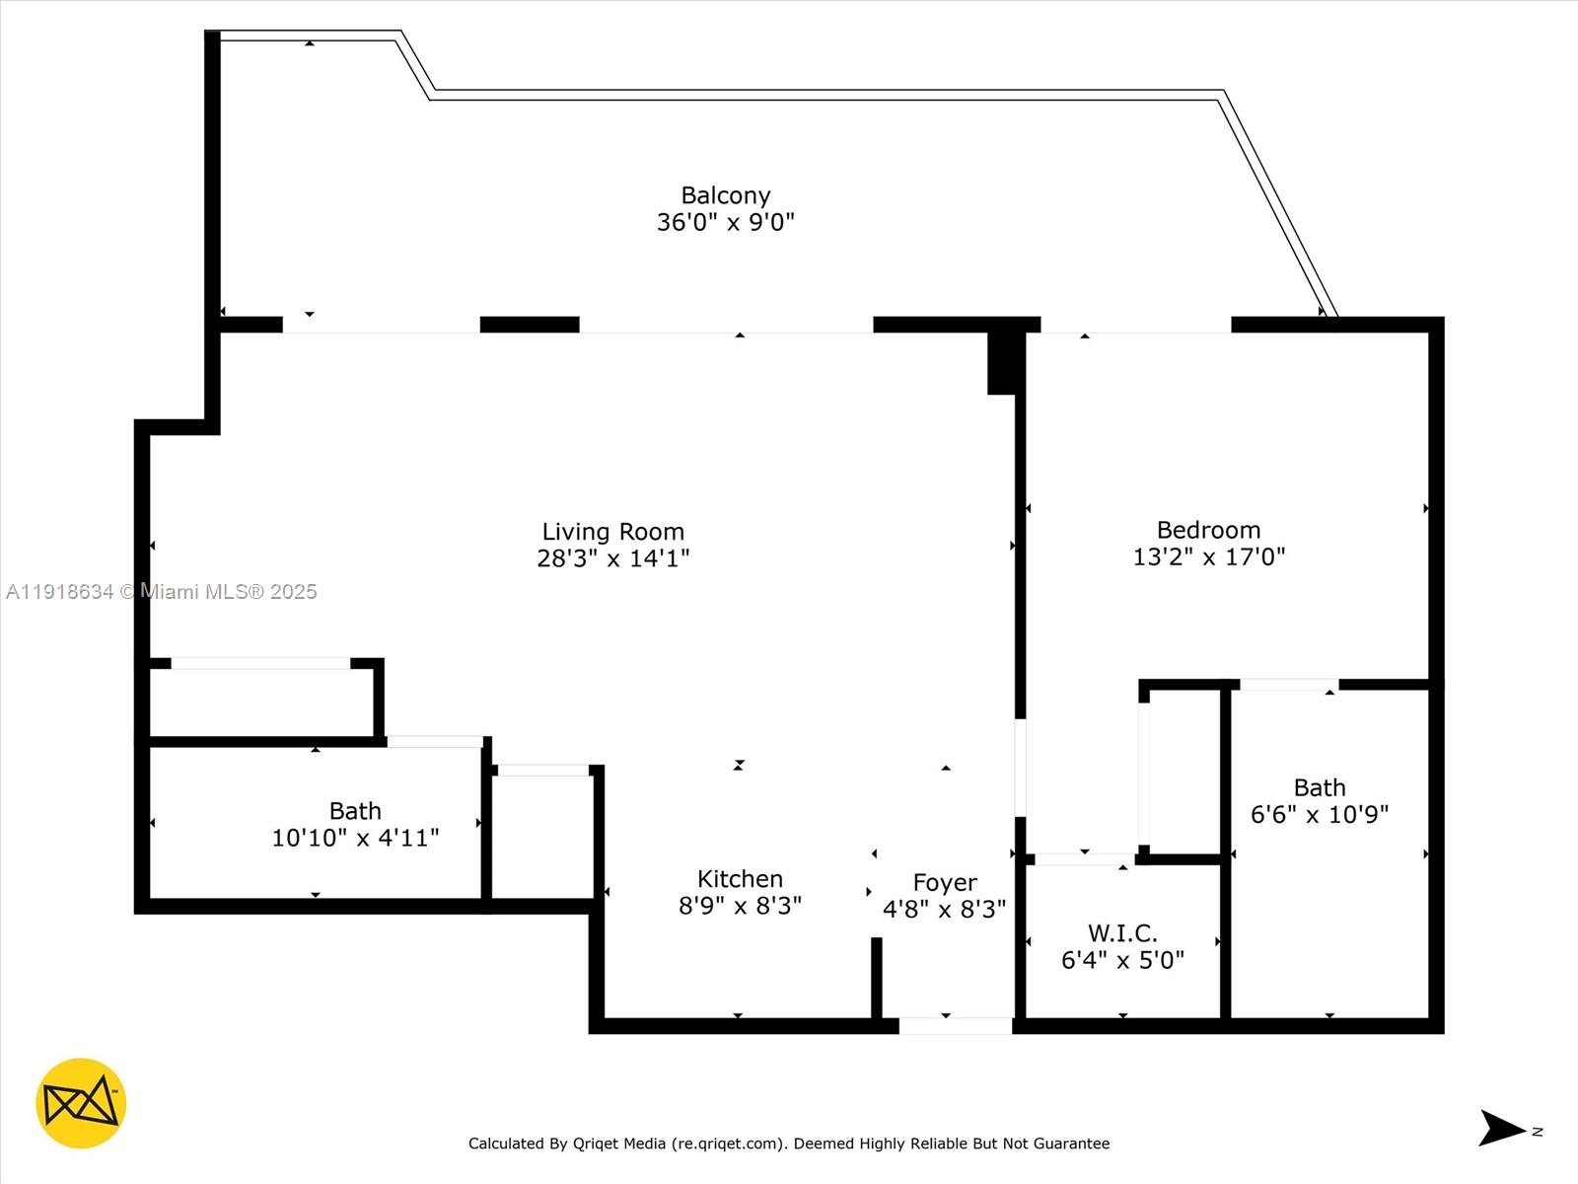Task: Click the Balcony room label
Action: click(x=725, y=195)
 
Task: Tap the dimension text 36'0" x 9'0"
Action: click(x=725, y=222)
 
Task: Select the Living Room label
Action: click(x=612, y=532)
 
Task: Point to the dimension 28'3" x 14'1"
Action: click(x=612, y=558)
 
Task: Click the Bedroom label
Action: click(x=1208, y=530)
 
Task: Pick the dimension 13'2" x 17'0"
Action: click(x=1208, y=556)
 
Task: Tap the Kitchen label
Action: click(x=740, y=879)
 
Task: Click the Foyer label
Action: click(x=944, y=882)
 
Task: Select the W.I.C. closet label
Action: click(x=1122, y=932)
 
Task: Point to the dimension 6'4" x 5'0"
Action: click(x=1122, y=959)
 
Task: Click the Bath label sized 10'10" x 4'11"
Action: click(x=355, y=811)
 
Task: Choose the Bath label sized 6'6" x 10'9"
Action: click(x=1319, y=787)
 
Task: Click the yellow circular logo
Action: click(x=81, y=1103)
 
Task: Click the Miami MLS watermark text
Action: click(x=161, y=592)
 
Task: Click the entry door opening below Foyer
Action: click(x=955, y=1026)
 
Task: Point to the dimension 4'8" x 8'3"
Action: click(x=944, y=909)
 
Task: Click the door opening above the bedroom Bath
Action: click(x=1288, y=684)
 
